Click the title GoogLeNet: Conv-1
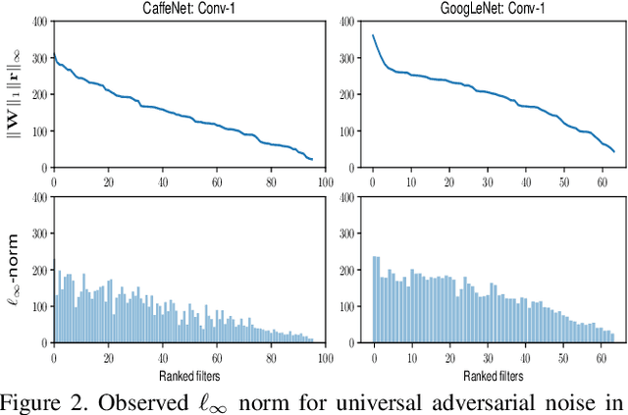496,9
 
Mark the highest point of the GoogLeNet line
373,36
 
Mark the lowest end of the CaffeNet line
312,159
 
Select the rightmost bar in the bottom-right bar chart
612,337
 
